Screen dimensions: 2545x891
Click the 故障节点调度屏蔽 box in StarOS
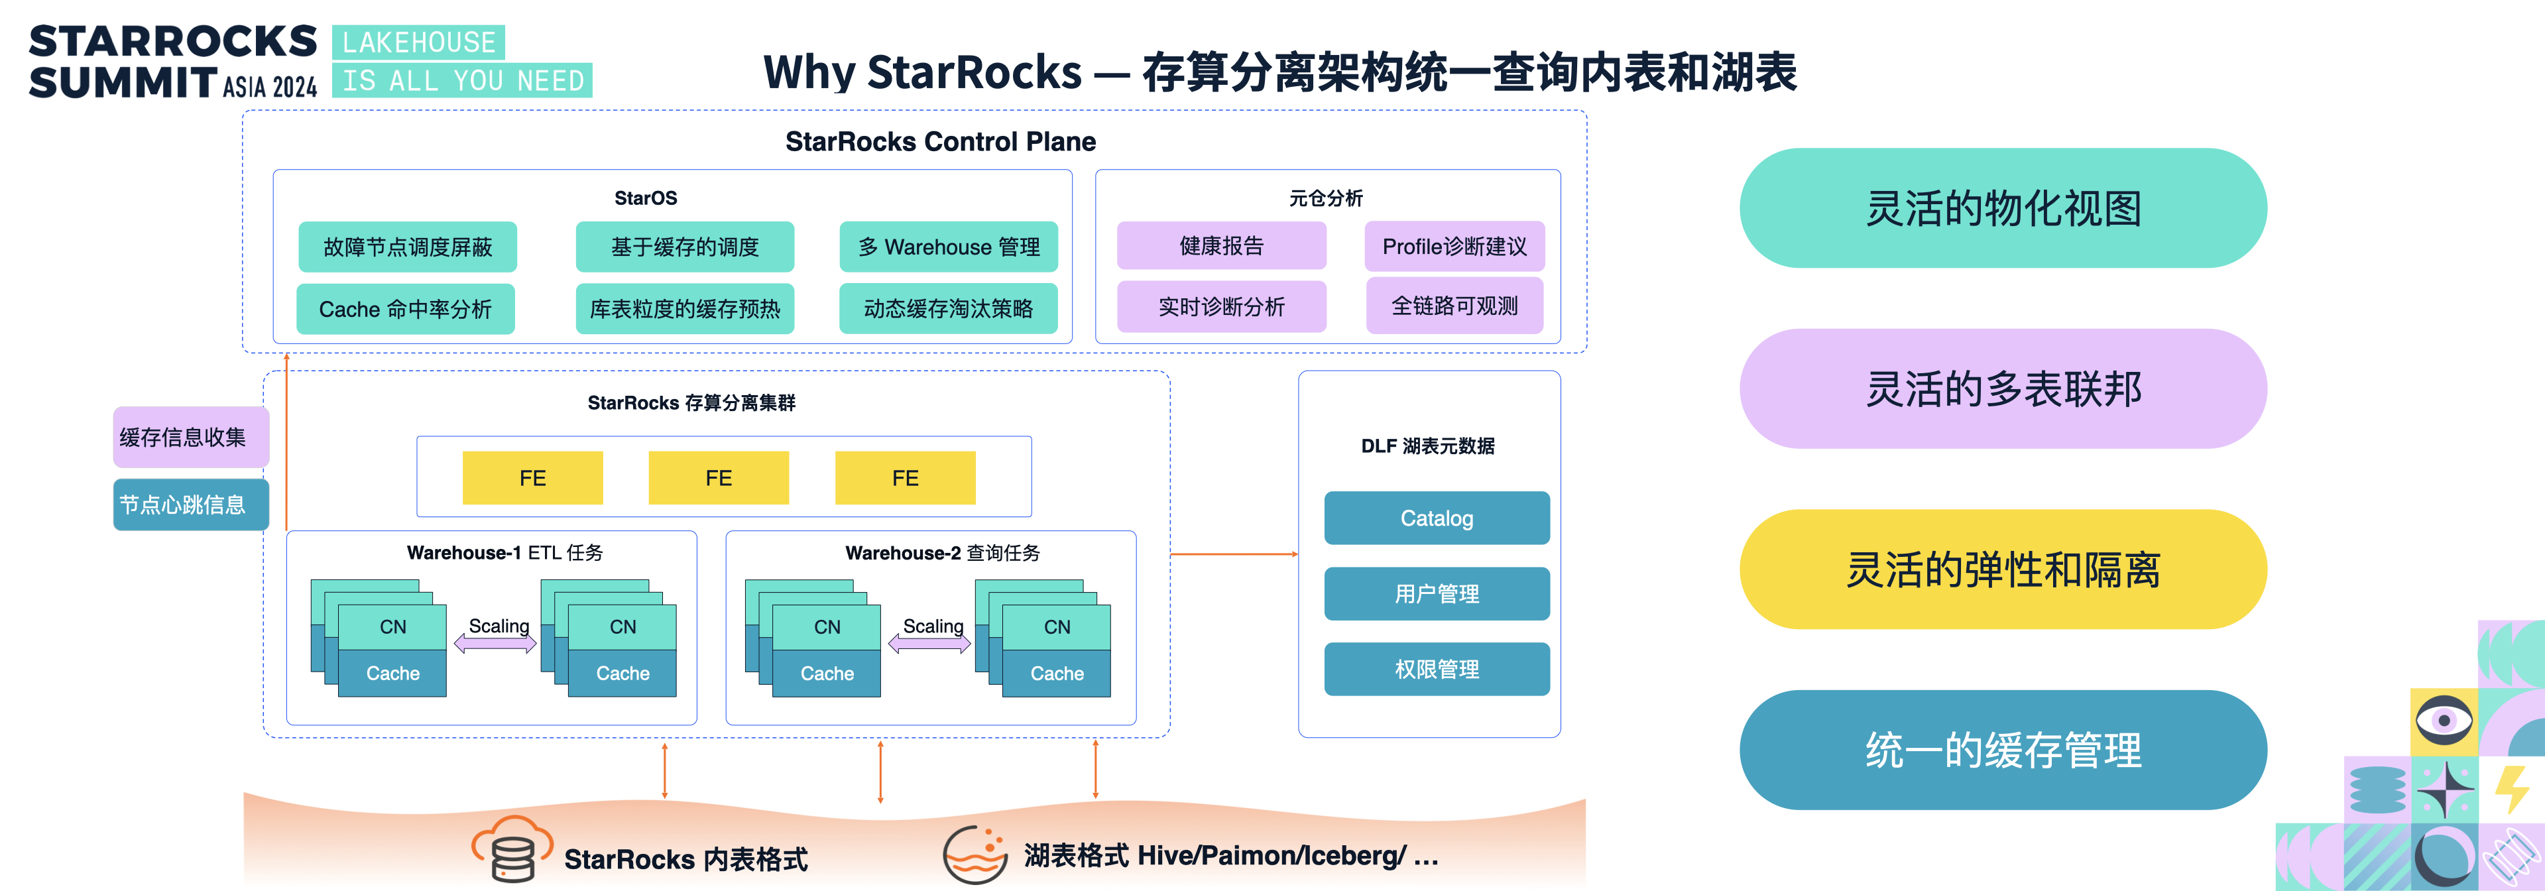pyautogui.click(x=407, y=247)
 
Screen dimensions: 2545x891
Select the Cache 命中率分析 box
pyautogui.click(x=405, y=309)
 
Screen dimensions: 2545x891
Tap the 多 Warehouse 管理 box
pyautogui.click(x=949, y=247)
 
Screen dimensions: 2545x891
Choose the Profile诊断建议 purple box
pyautogui.click(x=1454, y=246)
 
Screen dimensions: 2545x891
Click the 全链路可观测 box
pyautogui.click(x=1454, y=306)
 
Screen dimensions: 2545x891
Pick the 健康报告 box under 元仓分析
pyautogui.click(x=1221, y=246)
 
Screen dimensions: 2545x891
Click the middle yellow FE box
pyautogui.click(x=718, y=478)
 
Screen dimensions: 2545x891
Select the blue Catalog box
pyautogui.click(x=1437, y=518)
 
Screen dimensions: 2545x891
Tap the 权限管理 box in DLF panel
pyautogui.click(x=1437, y=669)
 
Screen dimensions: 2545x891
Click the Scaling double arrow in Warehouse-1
pyautogui.click(x=495, y=644)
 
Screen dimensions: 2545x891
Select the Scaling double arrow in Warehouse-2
pyautogui.click(x=929, y=644)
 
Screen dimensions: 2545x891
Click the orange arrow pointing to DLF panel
pyautogui.click(x=1234, y=554)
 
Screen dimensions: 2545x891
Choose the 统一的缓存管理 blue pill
pyautogui.click(x=2003, y=750)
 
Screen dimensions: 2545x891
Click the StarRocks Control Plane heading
pyautogui.click(x=941, y=141)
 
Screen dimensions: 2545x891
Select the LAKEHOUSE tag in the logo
pyautogui.click(x=419, y=42)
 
